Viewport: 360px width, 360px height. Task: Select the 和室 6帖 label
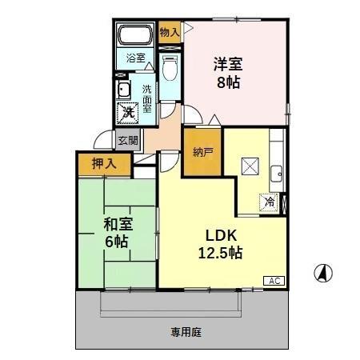[x=117, y=232]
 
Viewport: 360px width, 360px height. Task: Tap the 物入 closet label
[x=169, y=33]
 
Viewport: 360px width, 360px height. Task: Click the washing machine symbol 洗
[x=127, y=112]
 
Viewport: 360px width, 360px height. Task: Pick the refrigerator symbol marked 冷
[x=270, y=202]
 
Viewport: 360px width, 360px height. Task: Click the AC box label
[x=274, y=281]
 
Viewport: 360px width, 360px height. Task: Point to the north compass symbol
[x=323, y=273]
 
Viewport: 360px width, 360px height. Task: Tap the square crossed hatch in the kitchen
[x=250, y=166]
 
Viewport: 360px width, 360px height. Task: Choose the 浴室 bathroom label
[x=135, y=58]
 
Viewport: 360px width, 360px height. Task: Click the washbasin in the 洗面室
[x=125, y=89]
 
